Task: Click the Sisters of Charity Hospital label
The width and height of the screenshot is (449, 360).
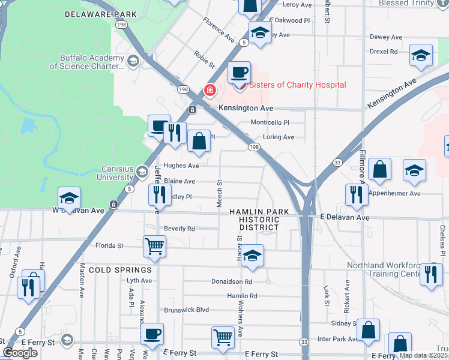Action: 297,85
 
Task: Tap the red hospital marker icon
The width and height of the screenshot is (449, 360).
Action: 210,91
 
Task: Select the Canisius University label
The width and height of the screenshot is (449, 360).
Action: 110,173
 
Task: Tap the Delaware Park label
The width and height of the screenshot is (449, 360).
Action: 100,14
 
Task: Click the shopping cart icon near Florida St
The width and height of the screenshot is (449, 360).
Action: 154,246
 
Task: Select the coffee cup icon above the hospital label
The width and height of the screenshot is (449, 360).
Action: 239,72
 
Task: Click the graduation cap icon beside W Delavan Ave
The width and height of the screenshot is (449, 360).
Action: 69,198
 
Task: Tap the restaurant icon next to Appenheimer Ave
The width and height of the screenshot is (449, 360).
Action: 357,194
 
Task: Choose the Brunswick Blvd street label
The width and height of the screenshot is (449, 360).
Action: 186,310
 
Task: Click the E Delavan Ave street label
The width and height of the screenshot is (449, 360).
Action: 345,217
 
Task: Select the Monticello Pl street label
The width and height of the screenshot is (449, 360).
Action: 270,122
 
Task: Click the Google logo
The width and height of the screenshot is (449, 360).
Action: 20,353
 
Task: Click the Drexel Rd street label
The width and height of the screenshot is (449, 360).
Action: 384,52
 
